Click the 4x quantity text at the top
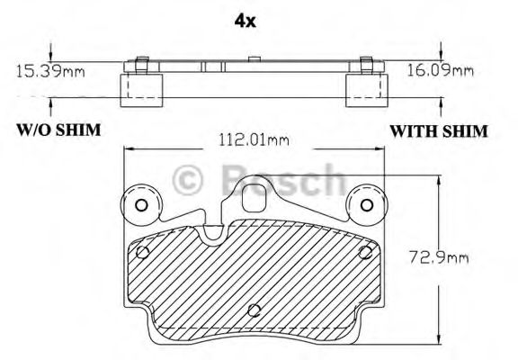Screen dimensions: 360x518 click(x=244, y=20)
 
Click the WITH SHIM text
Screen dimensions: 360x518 click(x=438, y=130)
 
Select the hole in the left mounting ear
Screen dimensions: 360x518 click(x=140, y=205)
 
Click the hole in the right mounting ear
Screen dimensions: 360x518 click(x=366, y=205)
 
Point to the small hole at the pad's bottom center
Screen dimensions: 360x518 click(x=254, y=311)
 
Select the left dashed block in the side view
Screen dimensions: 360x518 click(x=141, y=87)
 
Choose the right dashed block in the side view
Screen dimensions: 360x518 click(x=365, y=87)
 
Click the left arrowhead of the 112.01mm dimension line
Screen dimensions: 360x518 click(x=127, y=150)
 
